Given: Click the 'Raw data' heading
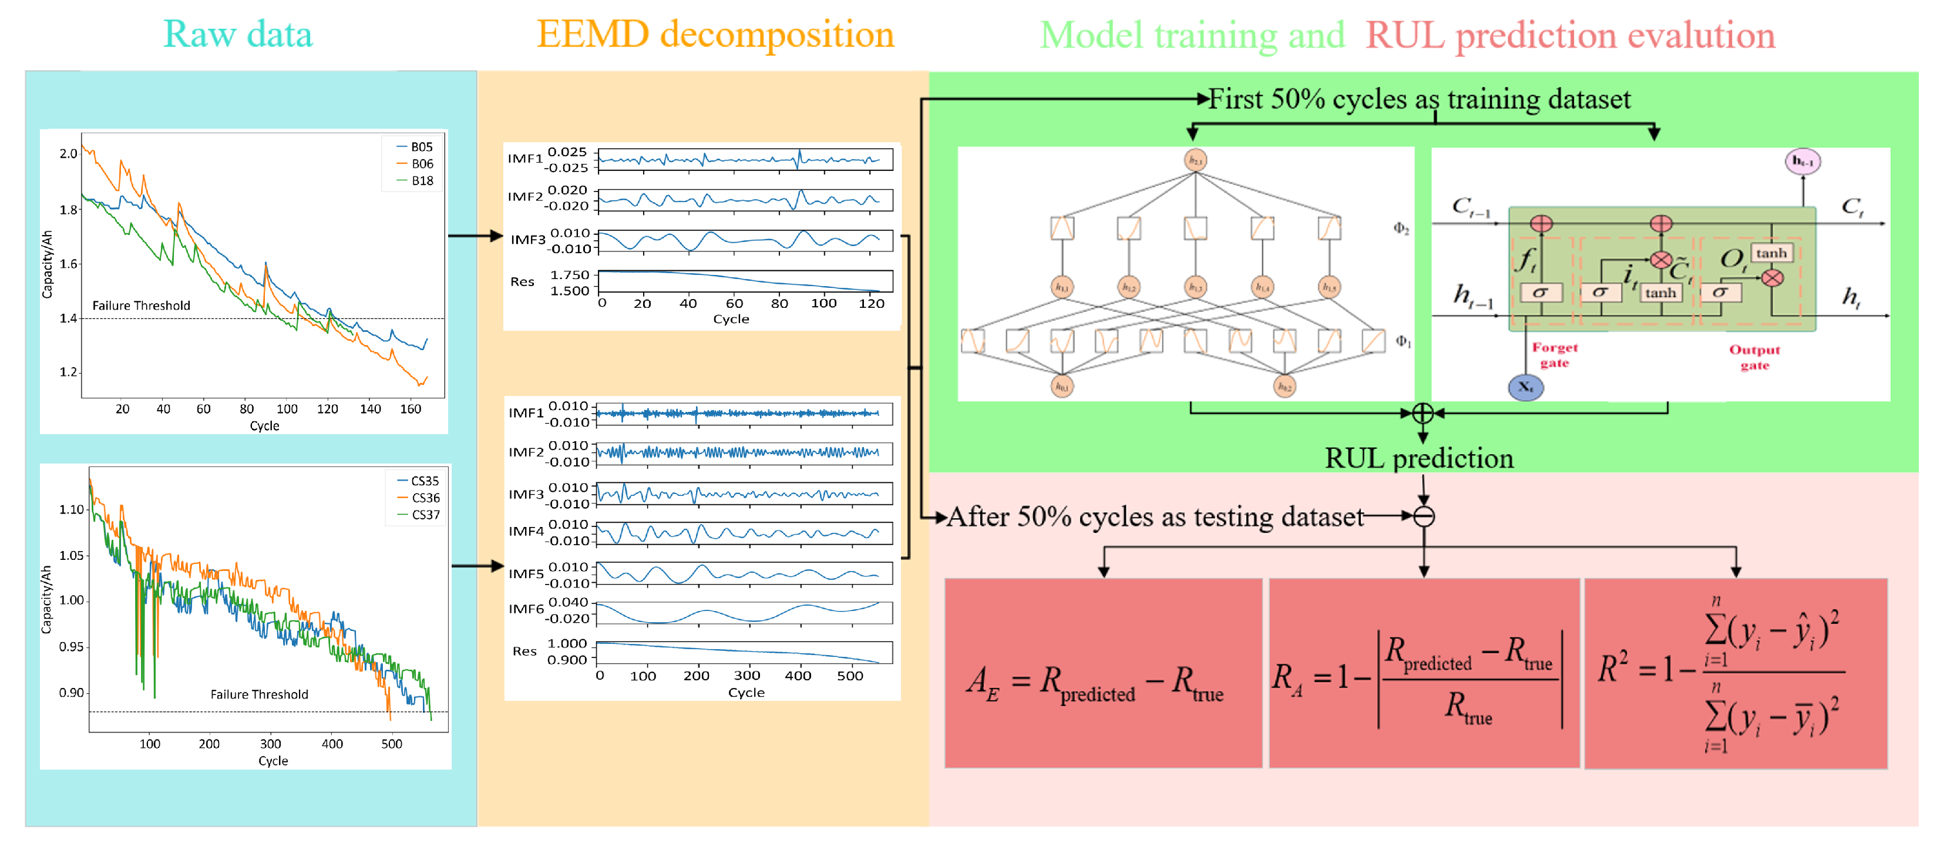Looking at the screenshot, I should click(238, 35).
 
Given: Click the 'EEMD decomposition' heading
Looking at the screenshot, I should click(715, 35).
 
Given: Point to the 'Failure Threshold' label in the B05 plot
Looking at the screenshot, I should click(142, 305).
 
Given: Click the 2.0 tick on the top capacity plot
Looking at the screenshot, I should click(69, 153).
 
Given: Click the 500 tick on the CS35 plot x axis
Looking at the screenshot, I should click(392, 744).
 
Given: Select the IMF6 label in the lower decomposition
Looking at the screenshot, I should click(526, 609).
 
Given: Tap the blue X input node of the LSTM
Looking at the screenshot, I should click(1526, 387).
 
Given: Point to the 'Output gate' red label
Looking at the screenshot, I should click(1754, 357).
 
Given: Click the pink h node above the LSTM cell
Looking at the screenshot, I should click(1803, 161).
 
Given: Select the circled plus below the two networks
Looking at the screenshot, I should click(1423, 413).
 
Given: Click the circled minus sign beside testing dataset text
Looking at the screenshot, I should click(1424, 516).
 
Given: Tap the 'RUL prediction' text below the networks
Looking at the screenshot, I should click(1419, 458).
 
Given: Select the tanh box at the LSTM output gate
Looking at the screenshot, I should click(1771, 253).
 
